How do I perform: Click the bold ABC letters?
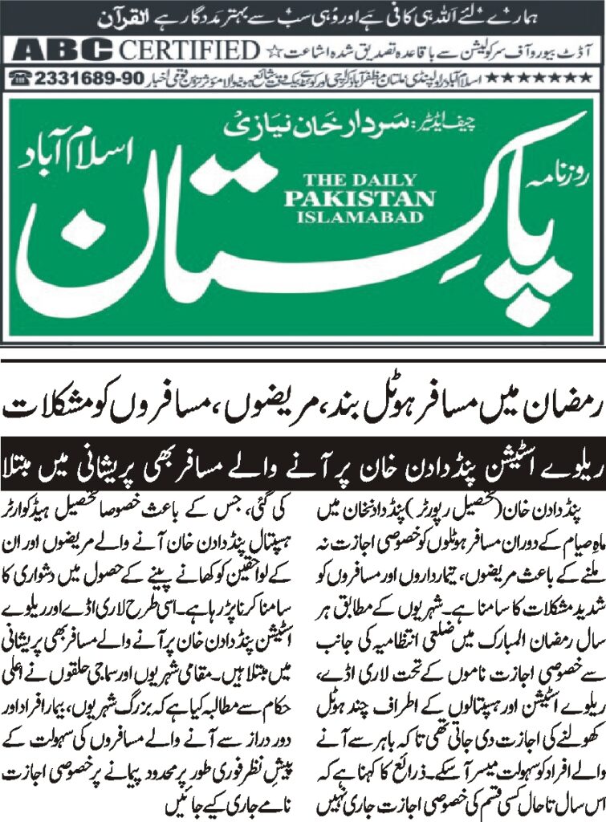[x=63, y=51]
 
